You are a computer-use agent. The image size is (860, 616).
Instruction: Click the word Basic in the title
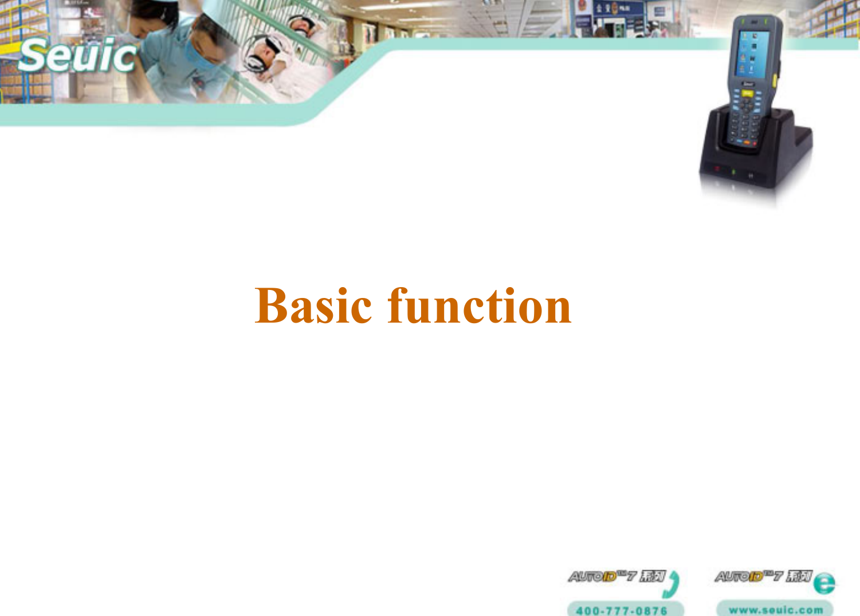[313, 307]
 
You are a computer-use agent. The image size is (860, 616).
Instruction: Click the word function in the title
[480, 307]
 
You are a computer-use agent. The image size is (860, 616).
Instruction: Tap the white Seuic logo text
[77, 56]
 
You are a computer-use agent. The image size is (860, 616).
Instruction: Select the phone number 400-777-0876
[622, 610]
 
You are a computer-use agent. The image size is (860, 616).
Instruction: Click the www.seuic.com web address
[775, 610]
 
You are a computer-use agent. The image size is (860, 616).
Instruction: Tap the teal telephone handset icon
[673, 583]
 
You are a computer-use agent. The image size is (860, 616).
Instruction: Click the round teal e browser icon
[824, 583]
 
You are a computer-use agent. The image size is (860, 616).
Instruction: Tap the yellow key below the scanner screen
[748, 92]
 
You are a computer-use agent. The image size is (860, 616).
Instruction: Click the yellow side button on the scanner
[775, 80]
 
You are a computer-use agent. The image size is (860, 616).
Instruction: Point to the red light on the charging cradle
[716, 170]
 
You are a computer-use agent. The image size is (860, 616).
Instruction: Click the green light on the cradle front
[734, 172]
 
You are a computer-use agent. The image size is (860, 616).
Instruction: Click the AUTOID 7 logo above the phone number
[616, 576]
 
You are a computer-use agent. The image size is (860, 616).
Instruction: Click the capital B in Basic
[272, 307]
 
